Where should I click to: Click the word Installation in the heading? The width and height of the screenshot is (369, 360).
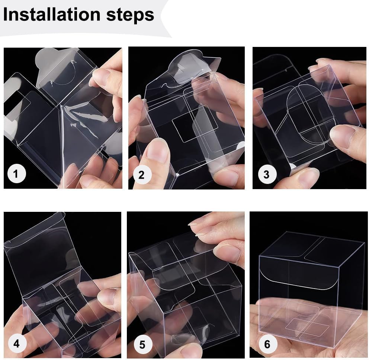point(52,14)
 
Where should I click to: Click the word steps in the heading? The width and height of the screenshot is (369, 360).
point(130,15)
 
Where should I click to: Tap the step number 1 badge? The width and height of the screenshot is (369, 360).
point(16,174)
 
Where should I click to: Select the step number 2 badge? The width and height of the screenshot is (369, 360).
point(141,175)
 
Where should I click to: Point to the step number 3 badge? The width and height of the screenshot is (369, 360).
point(266,174)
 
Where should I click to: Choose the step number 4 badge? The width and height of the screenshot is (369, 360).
point(16,344)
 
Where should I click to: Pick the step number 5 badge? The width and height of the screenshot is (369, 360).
point(142,344)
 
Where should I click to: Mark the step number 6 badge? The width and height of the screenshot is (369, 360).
point(267,344)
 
